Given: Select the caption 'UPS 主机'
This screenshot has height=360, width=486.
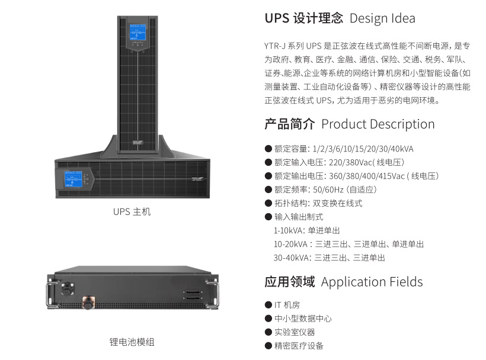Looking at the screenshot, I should (x=132, y=211).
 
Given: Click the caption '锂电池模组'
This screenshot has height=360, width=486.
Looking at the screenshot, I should (x=132, y=342).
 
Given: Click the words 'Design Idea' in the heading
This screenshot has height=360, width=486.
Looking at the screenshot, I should (x=382, y=18).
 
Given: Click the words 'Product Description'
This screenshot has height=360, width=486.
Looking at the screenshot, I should (x=378, y=124).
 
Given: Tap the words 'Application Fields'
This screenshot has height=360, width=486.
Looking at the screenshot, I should (x=372, y=281).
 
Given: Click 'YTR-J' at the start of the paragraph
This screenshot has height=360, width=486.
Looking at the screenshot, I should (x=276, y=46).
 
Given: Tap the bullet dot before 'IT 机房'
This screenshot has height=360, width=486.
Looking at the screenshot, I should (x=268, y=304).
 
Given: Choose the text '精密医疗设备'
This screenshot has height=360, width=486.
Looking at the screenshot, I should (x=299, y=346).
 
